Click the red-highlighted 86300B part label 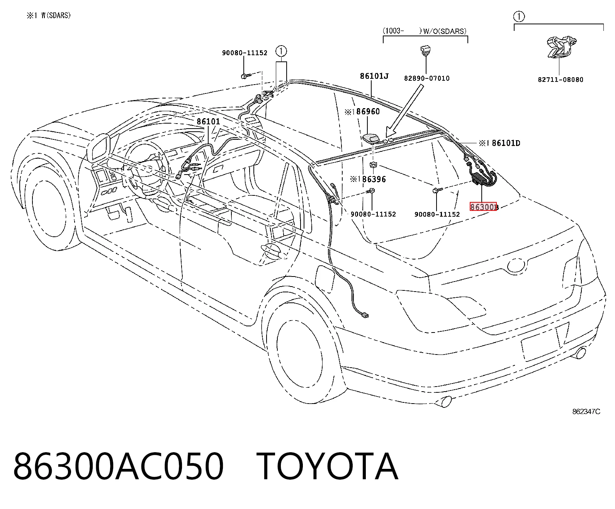[483, 207]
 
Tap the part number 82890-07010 [427, 78]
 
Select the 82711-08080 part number [561, 80]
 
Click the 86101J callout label [374, 76]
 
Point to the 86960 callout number [368, 111]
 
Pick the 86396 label [374, 179]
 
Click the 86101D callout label [506, 143]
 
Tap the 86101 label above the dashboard [208, 121]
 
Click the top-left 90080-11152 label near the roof [245, 53]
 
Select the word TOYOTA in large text [327, 467]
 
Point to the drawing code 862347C [586, 412]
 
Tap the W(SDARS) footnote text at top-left [56, 15]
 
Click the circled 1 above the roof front [281, 51]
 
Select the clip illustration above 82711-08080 [561, 48]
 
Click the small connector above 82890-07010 [426, 50]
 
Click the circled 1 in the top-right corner [519, 17]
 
